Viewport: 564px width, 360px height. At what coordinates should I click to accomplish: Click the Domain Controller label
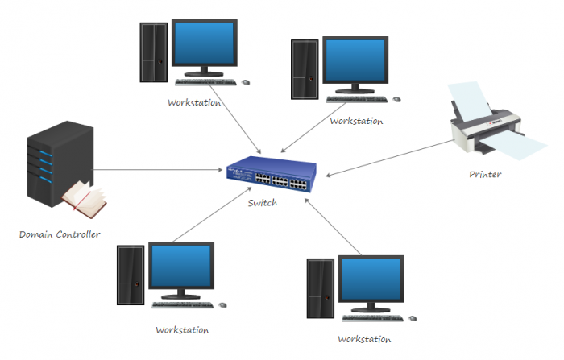click(60, 234)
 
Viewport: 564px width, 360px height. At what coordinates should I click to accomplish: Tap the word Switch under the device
click(263, 203)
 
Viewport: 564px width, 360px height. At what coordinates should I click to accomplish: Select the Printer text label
click(485, 174)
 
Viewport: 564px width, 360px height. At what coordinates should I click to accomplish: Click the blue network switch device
click(272, 176)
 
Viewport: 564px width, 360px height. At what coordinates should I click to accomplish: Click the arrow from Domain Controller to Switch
click(161, 169)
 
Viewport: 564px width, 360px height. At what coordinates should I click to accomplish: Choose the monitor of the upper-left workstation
click(206, 48)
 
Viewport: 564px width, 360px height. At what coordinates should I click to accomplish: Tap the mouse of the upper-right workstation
click(397, 99)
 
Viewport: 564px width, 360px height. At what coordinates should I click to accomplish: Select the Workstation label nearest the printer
click(356, 121)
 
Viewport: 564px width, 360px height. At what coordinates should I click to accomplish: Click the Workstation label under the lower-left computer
click(182, 330)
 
